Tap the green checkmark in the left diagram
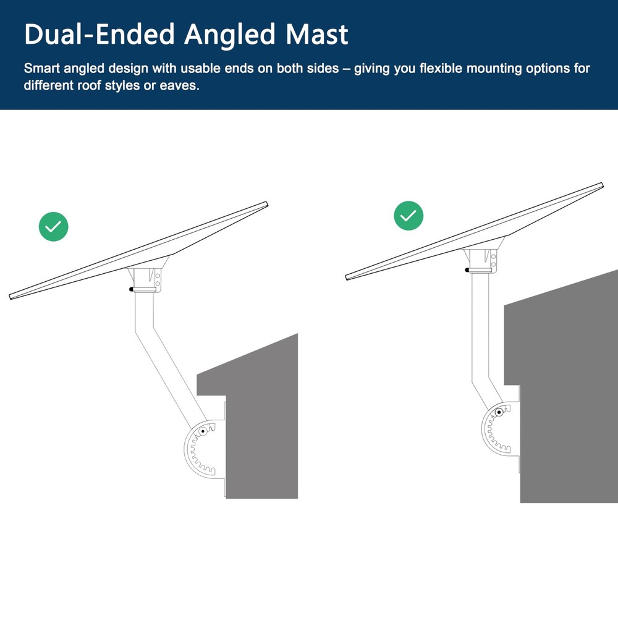[x=54, y=226]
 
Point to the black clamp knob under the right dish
[x=467, y=269]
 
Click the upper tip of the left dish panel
[x=266, y=203]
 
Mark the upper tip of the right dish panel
[x=601, y=184]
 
